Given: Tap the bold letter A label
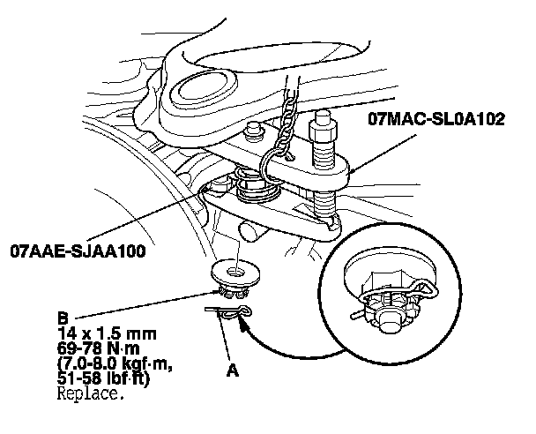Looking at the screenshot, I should pos(233,371).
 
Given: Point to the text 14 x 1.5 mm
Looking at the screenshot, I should pos(103,333).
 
